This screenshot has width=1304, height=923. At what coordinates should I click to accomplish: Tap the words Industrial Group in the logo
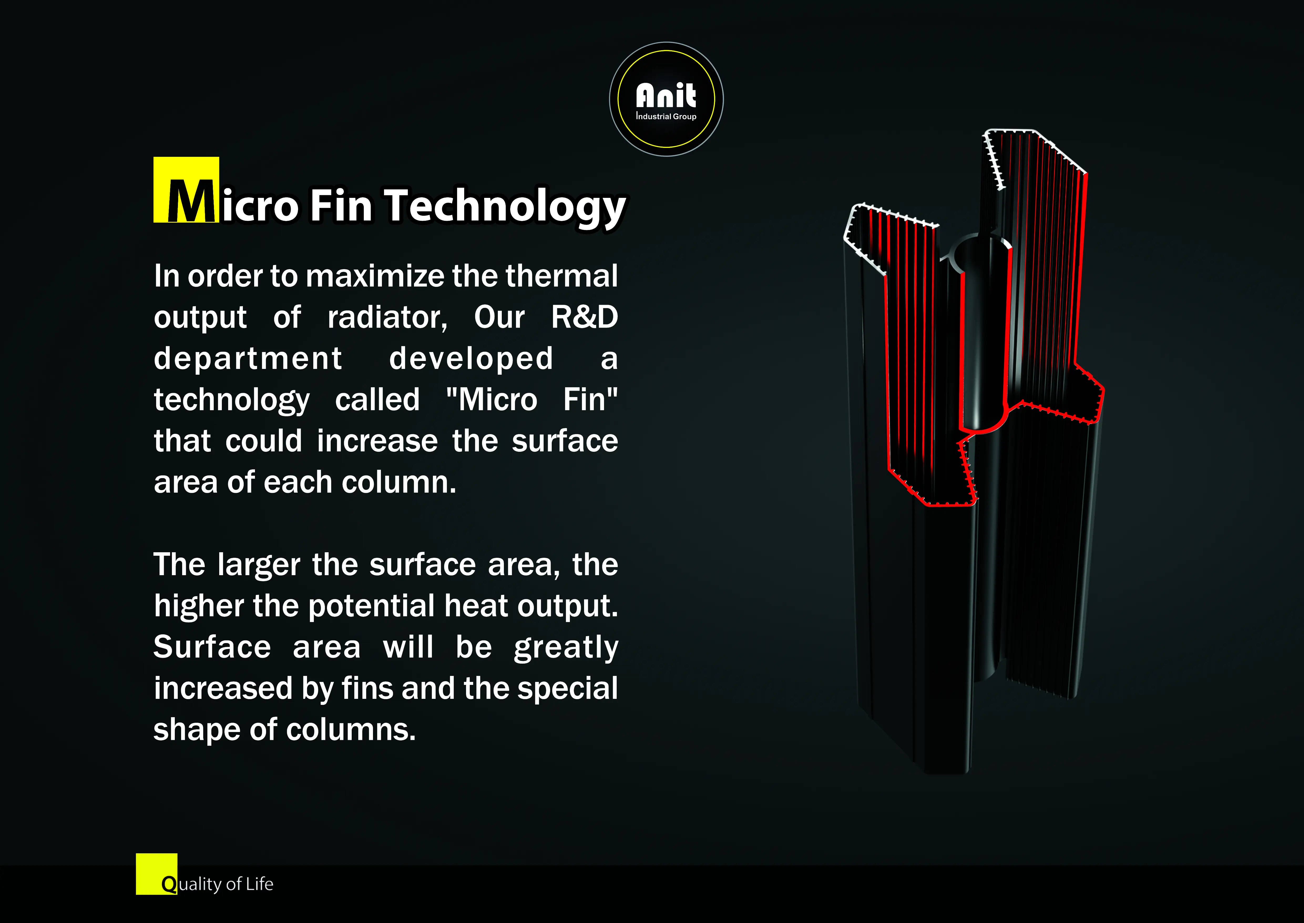[666, 117]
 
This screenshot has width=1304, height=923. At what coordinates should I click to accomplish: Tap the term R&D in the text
[584, 317]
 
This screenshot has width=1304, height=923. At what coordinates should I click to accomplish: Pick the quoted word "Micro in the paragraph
[492, 400]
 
